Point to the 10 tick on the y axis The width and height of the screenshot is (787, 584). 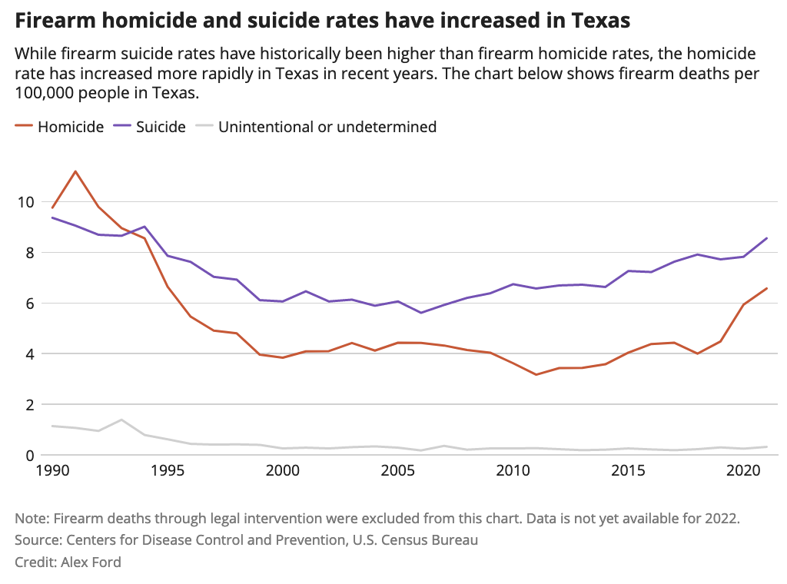tap(26, 201)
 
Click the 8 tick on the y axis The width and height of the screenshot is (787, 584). tap(30, 252)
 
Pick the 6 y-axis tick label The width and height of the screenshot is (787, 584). tap(30, 303)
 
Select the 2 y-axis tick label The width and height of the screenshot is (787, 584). tap(30, 404)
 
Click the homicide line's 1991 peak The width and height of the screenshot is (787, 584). tap(75, 171)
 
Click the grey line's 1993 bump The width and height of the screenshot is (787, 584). tap(121, 420)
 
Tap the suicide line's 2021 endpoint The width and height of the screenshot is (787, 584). tap(767, 237)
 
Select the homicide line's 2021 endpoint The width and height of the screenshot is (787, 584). tap(767, 288)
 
